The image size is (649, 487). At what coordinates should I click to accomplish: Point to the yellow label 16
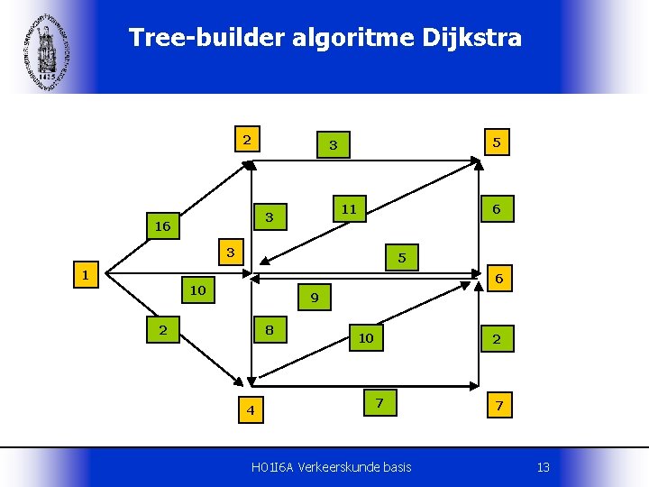point(162,226)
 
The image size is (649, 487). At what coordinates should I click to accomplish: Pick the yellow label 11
point(349,209)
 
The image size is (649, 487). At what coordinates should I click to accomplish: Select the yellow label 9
point(315,297)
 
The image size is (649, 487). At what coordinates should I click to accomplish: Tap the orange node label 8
point(270,330)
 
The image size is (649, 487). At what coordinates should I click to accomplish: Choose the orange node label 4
point(251,410)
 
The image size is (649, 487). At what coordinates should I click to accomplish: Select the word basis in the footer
point(397,466)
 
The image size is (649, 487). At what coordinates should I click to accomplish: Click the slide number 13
point(543,466)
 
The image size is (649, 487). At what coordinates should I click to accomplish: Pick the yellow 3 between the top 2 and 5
point(333,144)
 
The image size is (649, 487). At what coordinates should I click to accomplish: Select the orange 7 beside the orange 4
point(379,403)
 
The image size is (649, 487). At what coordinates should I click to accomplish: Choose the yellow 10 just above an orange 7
point(365,338)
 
